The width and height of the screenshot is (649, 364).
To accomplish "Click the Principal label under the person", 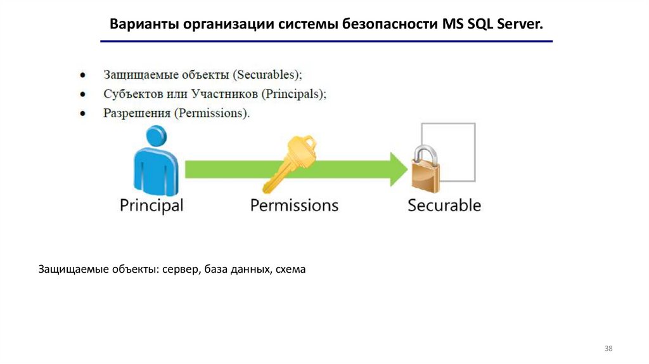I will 151,205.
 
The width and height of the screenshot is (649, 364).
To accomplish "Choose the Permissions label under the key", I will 294,205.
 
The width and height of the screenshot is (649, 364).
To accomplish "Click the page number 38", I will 609,349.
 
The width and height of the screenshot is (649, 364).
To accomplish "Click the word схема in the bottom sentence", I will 291,270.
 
